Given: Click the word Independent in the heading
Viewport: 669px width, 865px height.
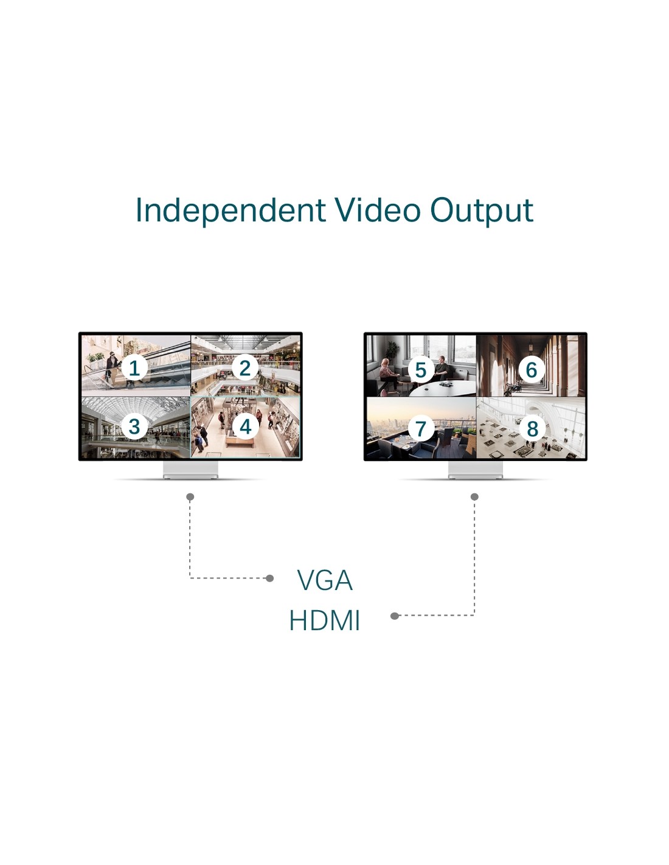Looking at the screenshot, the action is point(231,211).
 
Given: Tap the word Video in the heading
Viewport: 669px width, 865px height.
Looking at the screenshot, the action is point(377,210).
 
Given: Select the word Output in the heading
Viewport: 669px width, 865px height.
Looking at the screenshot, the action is point(481,211).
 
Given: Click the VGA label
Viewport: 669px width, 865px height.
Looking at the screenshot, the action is point(325,580).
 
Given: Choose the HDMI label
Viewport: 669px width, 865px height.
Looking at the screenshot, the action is point(324,620).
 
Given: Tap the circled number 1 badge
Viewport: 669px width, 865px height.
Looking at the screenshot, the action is point(134,367).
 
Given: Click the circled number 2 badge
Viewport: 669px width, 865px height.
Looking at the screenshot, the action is point(245,367).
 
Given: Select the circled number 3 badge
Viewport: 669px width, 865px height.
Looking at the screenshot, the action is point(134,427).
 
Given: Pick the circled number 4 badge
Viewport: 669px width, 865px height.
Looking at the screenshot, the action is point(245,427).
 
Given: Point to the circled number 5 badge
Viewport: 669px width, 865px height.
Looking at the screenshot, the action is point(421,369).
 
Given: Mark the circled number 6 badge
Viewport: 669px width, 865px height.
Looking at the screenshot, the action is point(532,369).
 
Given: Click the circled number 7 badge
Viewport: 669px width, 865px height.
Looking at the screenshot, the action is point(421,429).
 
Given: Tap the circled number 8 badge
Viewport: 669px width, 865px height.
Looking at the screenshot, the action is point(532,429).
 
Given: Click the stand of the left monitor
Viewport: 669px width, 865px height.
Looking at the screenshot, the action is point(190,470).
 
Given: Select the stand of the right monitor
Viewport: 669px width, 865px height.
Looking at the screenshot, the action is point(476,470).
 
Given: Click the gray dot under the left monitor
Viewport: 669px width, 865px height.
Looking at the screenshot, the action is point(190,497).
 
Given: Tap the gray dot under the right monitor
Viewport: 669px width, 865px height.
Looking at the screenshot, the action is point(474,497).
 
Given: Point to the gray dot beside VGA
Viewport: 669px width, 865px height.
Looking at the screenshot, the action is point(269,578).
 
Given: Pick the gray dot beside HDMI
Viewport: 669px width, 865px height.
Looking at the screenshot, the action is point(395,616).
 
